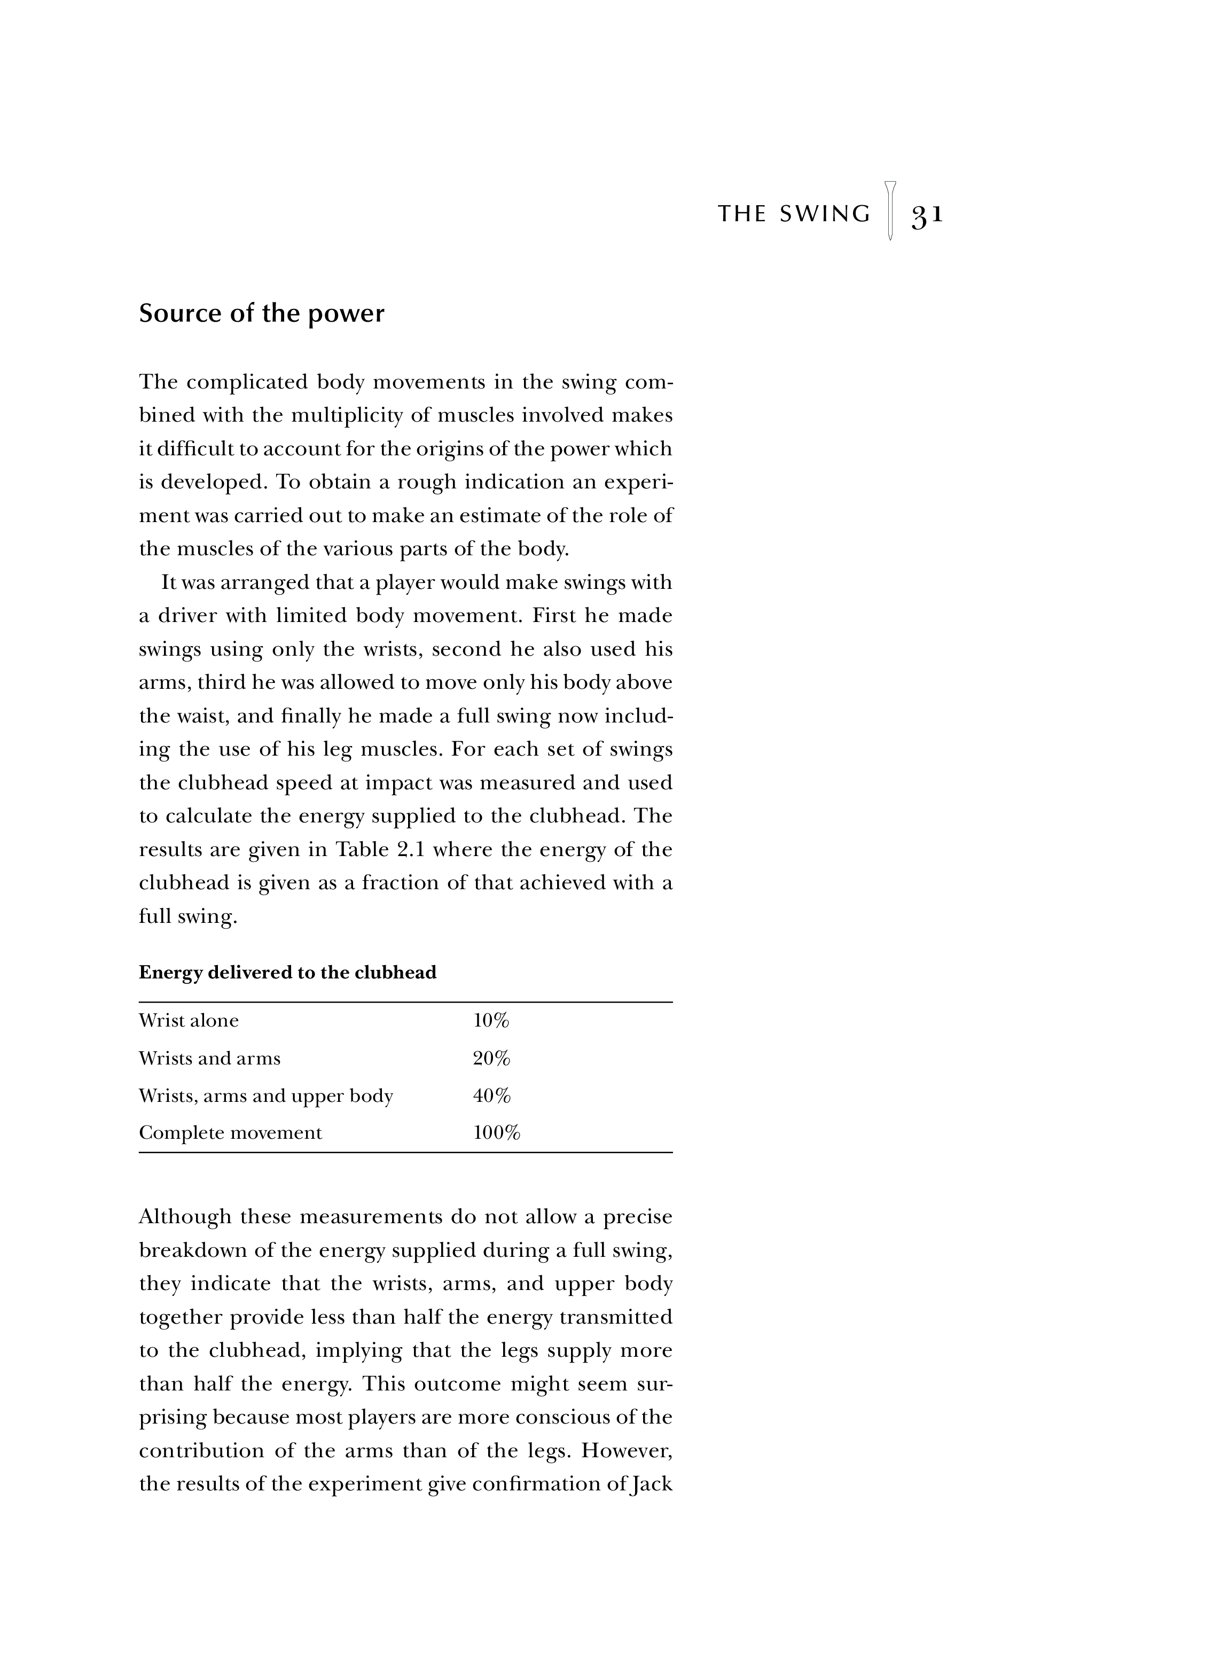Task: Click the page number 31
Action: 927,215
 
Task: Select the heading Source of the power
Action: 261,314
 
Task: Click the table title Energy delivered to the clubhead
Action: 287,972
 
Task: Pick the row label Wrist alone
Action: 189,1021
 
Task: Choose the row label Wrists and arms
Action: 209,1059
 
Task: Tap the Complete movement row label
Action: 230,1133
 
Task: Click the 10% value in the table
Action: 491,1021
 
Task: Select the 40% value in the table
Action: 491,1095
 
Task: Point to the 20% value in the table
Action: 491,1059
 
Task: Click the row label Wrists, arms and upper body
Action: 265,1095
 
